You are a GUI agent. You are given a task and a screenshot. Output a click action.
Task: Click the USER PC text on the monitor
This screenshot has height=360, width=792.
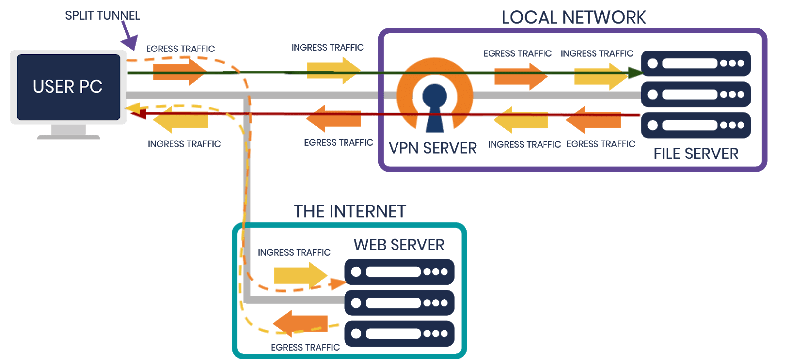pyautogui.click(x=68, y=87)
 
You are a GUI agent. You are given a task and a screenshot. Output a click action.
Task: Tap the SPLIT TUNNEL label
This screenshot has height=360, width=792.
pyautogui.click(x=102, y=15)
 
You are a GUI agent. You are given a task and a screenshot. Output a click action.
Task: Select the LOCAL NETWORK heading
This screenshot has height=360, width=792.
pyautogui.click(x=574, y=18)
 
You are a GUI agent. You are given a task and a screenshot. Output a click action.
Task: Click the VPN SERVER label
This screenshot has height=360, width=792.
pyautogui.click(x=432, y=148)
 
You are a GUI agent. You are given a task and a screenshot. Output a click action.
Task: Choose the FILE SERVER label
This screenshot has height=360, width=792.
pyautogui.click(x=695, y=154)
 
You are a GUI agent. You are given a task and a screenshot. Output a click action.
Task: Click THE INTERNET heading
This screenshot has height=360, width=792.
pyautogui.click(x=349, y=211)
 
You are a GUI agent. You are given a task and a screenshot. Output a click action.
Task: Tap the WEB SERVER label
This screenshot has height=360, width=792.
pyautogui.click(x=399, y=245)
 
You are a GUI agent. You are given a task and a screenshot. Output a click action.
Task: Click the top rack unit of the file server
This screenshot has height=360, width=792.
pyautogui.click(x=695, y=63)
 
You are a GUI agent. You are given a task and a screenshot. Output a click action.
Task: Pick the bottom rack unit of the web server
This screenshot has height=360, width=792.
pyautogui.click(x=399, y=333)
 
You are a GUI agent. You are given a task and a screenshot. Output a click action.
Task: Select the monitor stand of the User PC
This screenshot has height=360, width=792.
pyautogui.click(x=69, y=132)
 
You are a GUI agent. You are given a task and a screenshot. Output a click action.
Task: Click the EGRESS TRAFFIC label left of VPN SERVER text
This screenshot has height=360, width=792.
pyautogui.click(x=338, y=143)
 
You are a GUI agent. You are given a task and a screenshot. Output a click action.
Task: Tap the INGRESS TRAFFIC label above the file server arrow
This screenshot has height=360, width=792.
pyautogui.click(x=596, y=53)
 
